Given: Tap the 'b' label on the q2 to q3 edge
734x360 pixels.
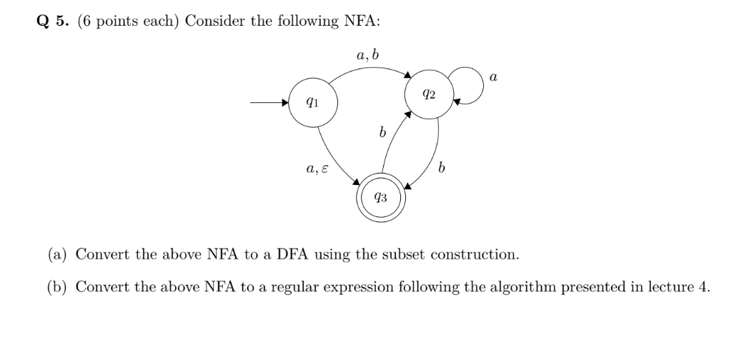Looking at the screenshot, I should tap(442, 169).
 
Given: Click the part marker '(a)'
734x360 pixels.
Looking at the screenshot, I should tap(58, 254).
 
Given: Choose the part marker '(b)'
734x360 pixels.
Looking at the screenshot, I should tap(58, 287).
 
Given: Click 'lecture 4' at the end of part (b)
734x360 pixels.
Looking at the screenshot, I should tap(683, 287).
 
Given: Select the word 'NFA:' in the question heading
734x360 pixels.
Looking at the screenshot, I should tap(362, 21).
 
